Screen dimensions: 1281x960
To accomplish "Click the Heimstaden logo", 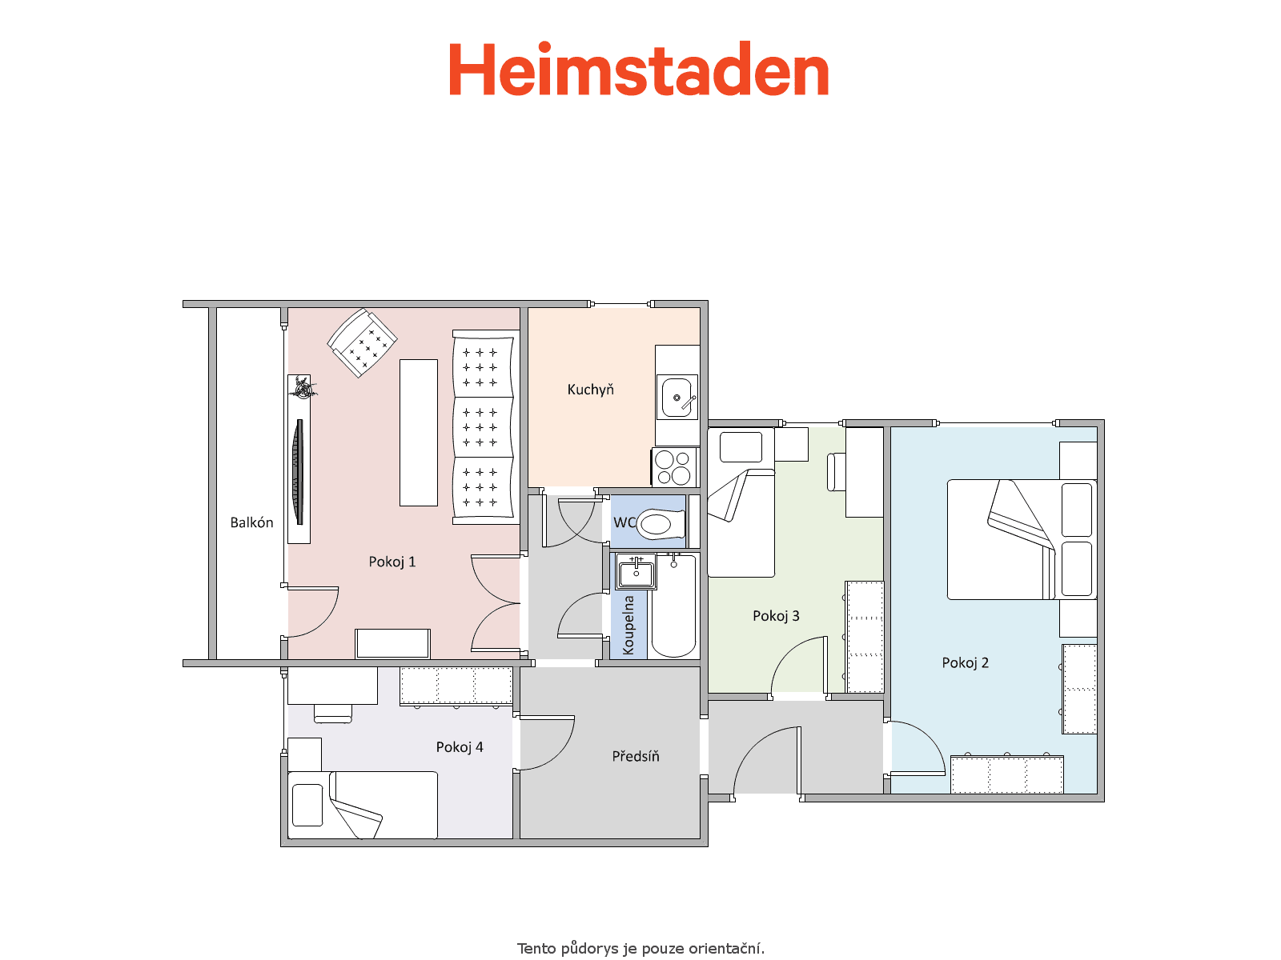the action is point(638,68).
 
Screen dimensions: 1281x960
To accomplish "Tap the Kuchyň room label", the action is point(590,389).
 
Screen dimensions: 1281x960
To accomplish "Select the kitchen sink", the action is point(677,397).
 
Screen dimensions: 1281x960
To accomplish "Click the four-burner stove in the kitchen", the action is point(675,467).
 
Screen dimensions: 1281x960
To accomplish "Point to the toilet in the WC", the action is point(660,524).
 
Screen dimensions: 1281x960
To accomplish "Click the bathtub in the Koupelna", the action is point(673,606).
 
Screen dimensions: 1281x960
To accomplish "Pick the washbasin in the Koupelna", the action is point(636,572).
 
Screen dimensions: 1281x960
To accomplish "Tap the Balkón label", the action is point(251,522).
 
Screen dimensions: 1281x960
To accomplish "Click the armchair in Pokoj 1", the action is point(362,342).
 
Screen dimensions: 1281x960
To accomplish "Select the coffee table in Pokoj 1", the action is point(419,433).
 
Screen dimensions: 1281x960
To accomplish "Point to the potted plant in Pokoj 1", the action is point(303,387).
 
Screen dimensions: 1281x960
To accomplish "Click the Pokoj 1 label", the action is point(392,562).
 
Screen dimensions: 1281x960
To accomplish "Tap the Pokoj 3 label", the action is point(776,615).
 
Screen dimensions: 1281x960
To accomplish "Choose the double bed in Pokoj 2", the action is point(1022,540).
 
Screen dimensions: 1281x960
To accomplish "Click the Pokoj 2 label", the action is point(966,662).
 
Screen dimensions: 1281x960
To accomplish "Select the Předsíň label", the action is point(636,756).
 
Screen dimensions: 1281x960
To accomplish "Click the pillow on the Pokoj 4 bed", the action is point(307,805).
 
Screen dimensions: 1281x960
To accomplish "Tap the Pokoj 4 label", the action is point(460,746).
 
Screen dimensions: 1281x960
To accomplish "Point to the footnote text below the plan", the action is point(640,948).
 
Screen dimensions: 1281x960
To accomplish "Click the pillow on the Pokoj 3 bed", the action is point(741,447).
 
